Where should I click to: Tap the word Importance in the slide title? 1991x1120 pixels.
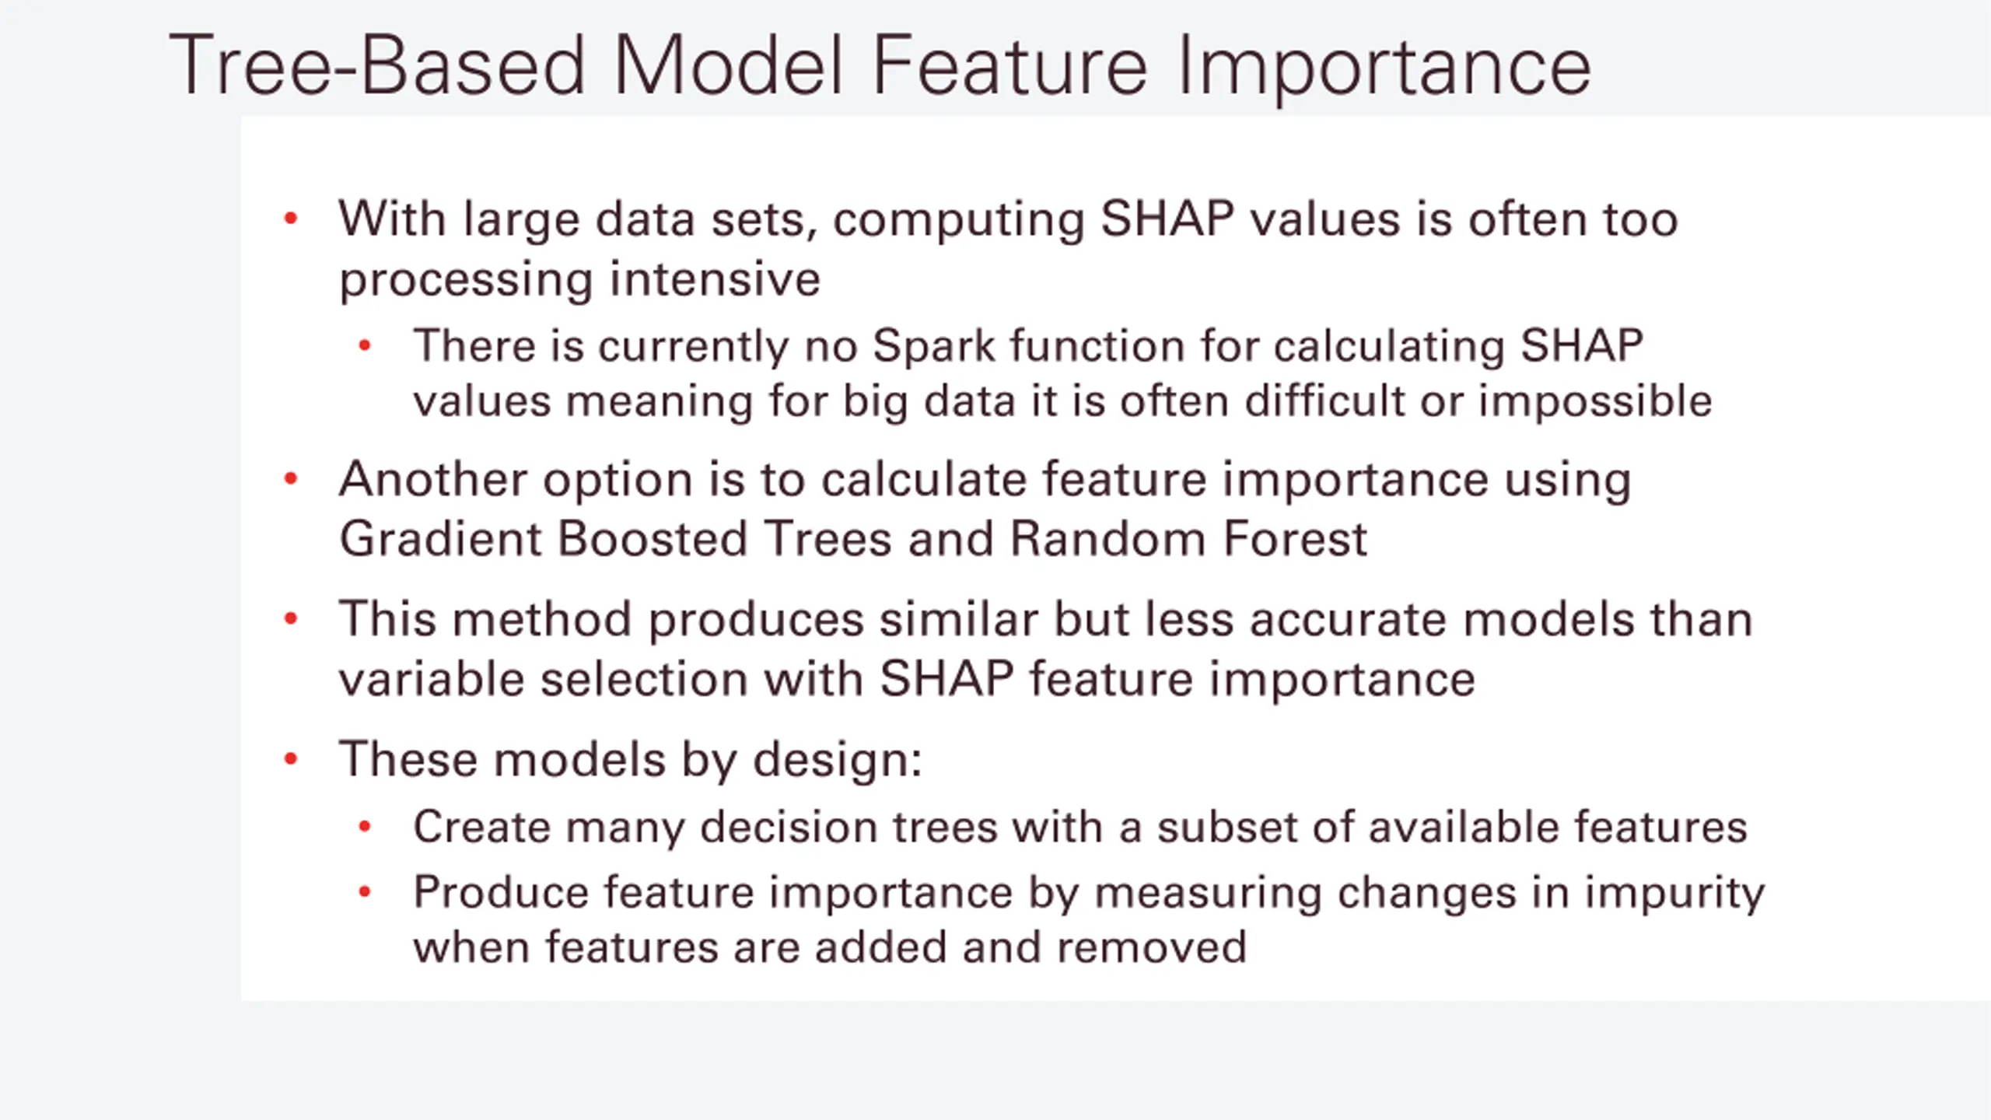pyautogui.click(x=1385, y=68)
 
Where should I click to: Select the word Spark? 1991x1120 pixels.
pyautogui.click(x=933, y=347)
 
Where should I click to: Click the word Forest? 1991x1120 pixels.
pyautogui.click(x=1294, y=538)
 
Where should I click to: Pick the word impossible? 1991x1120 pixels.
pyautogui.click(x=1595, y=401)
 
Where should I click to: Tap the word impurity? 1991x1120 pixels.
pyautogui.click(x=1674, y=894)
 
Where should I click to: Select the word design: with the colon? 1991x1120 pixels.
pyautogui.click(x=837, y=758)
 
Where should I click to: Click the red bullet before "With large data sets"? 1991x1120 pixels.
pyautogui.click(x=291, y=219)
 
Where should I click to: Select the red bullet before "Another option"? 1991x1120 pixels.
pyautogui.click(x=291, y=478)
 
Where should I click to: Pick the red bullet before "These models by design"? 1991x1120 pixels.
pyautogui.click(x=291, y=758)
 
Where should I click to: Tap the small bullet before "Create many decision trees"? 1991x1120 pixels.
pyautogui.click(x=365, y=827)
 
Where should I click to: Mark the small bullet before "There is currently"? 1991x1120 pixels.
pyautogui.click(x=365, y=346)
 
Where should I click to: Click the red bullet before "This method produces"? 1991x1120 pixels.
pyautogui.click(x=291, y=620)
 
